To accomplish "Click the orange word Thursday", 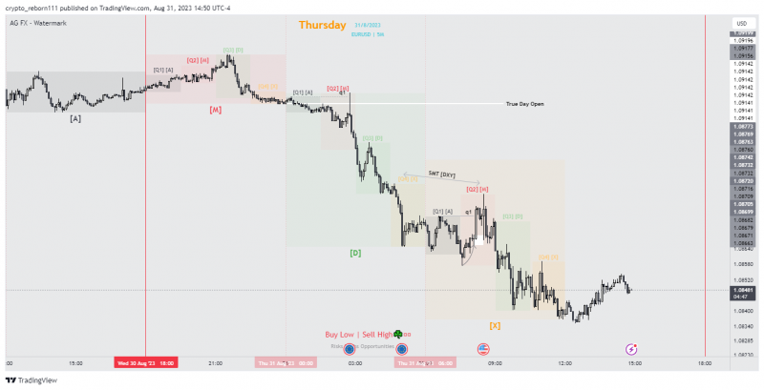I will [323, 26].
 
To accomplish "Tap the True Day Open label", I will [524, 103].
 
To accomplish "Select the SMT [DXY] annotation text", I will [442, 175].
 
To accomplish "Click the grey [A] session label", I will [75, 118].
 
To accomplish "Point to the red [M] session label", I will [216, 110].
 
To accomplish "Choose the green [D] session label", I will [355, 253].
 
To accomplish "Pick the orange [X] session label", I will [495, 325].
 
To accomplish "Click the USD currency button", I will [740, 23].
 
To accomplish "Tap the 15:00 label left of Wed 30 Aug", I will [75, 362].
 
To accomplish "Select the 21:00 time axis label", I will [216, 362].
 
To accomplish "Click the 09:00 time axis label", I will [495, 362].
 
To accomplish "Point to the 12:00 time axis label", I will [565, 362].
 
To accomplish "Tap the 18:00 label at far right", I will [704, 362].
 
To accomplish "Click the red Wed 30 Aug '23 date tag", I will [145, 362].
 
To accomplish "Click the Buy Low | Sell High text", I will [358, 335].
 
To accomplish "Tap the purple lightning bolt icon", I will [631, 350].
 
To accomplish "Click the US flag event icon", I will [481, 350].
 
